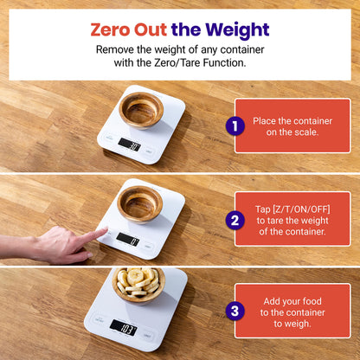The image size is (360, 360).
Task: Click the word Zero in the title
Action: point(110,29)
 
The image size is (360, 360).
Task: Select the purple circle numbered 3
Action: point(235,312)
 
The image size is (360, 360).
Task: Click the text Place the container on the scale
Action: point(291,126)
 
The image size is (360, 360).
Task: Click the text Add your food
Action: point(291,301)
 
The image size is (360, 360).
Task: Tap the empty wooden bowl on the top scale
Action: point(141,109)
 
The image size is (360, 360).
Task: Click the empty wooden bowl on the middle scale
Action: point(140,202)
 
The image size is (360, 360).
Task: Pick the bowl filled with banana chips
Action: point(138,283)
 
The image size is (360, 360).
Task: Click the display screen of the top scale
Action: point(129,145)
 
